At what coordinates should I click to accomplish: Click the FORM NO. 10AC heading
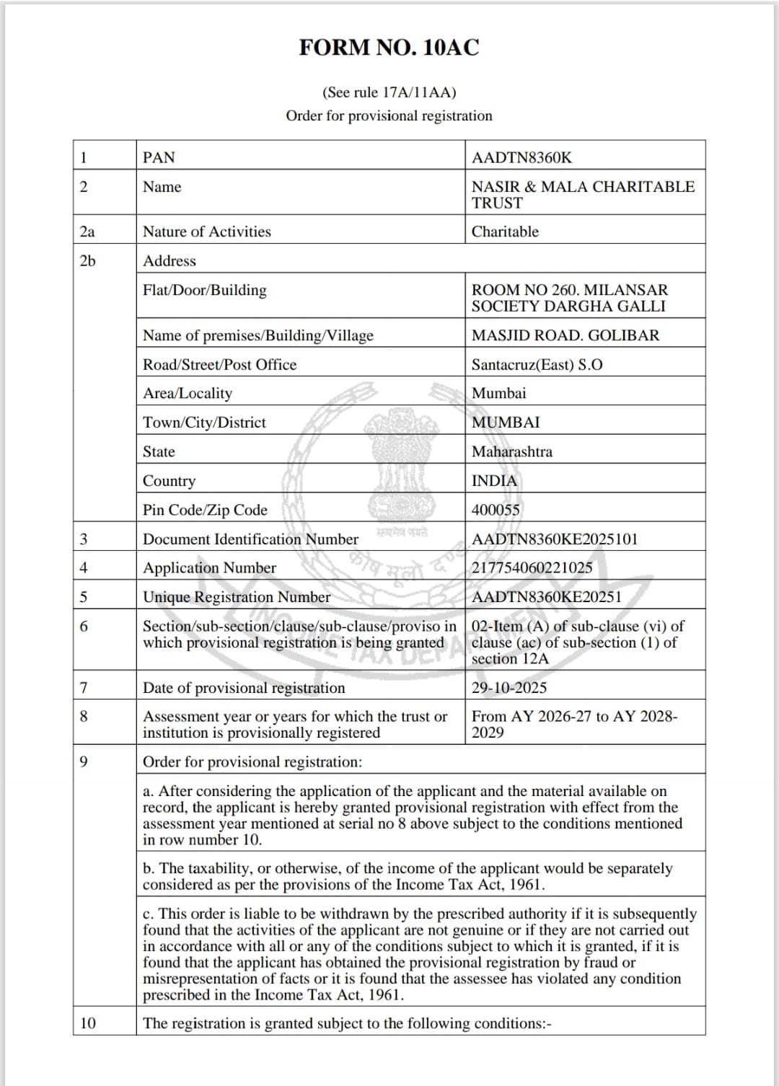coord(389,48)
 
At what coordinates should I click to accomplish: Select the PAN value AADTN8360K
coord(521,157)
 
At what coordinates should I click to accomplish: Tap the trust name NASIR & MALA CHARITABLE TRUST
coord(583,195)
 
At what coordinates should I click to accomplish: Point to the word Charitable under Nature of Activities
coord(505,231)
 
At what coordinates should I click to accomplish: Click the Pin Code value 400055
coord(496,510)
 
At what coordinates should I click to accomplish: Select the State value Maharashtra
coord(512,451)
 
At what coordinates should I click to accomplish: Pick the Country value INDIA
coord(494,481)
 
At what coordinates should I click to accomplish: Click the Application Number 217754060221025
coord(532,568)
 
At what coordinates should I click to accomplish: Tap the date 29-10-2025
coord(509,687)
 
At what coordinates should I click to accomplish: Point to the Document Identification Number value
coord(555,539)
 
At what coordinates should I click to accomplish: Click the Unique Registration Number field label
coord(237,597)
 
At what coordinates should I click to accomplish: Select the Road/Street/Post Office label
coord(219,364)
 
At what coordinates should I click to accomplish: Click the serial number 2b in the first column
coord(87,260)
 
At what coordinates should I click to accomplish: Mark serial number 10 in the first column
coord(87,1023)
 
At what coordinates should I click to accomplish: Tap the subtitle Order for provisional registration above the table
coord(389,115)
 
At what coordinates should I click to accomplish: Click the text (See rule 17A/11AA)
coord(389,92)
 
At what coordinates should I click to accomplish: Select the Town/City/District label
coord(204,423)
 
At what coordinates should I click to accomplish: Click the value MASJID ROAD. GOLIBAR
coord(565,335)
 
